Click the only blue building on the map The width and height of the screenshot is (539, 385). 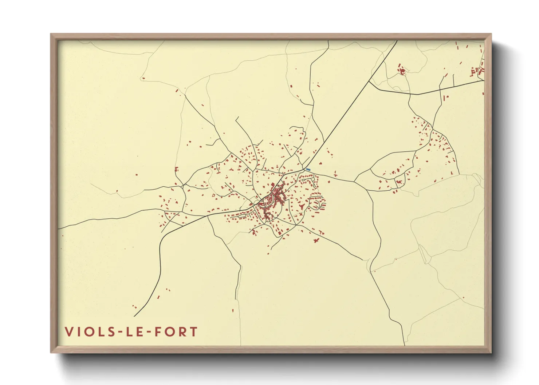[x=308, y=170]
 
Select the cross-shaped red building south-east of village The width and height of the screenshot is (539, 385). [x=316, y=240]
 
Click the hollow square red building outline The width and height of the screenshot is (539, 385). [x=402, y=72]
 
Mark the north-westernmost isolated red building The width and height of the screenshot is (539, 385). [x=143, y=78]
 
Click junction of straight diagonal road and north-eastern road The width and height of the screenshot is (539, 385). [x=369, y=81]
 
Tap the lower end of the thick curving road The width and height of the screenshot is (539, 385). [x=134, y=316]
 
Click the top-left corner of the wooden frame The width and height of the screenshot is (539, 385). [x=51, y=34]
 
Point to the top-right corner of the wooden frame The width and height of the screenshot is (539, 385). [x=491, y=34]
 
